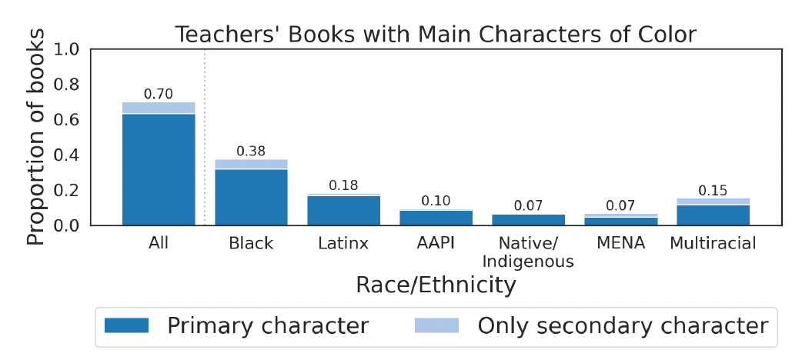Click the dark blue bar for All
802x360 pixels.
click(x=159, y=169)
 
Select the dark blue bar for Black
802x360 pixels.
click(x=251, y=197)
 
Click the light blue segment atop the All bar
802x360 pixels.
click(x=159, y=108)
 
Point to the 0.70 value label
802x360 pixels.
click(x=159, y=94)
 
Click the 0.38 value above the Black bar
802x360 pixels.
click(x=251, y=152)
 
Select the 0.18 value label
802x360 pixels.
click(x=343, y=185)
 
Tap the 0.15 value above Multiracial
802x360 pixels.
click(x=713, y=190)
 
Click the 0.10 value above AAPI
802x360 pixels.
click(x=436, y=201)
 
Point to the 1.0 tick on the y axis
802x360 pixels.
click(x=68, y=50)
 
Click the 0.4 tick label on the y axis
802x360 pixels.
click(x=68, y=155)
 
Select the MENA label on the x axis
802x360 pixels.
click(x=621, y=244)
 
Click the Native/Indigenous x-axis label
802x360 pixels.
click(x=528, y=252)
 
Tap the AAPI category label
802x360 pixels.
click(x=436, y=244)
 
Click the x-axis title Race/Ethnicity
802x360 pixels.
click(x=436, y=285)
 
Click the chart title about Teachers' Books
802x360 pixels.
click(x=436, y=35)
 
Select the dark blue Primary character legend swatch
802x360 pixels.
click(x=126, y=325)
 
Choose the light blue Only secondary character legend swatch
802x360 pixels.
click(x=436, y=325)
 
